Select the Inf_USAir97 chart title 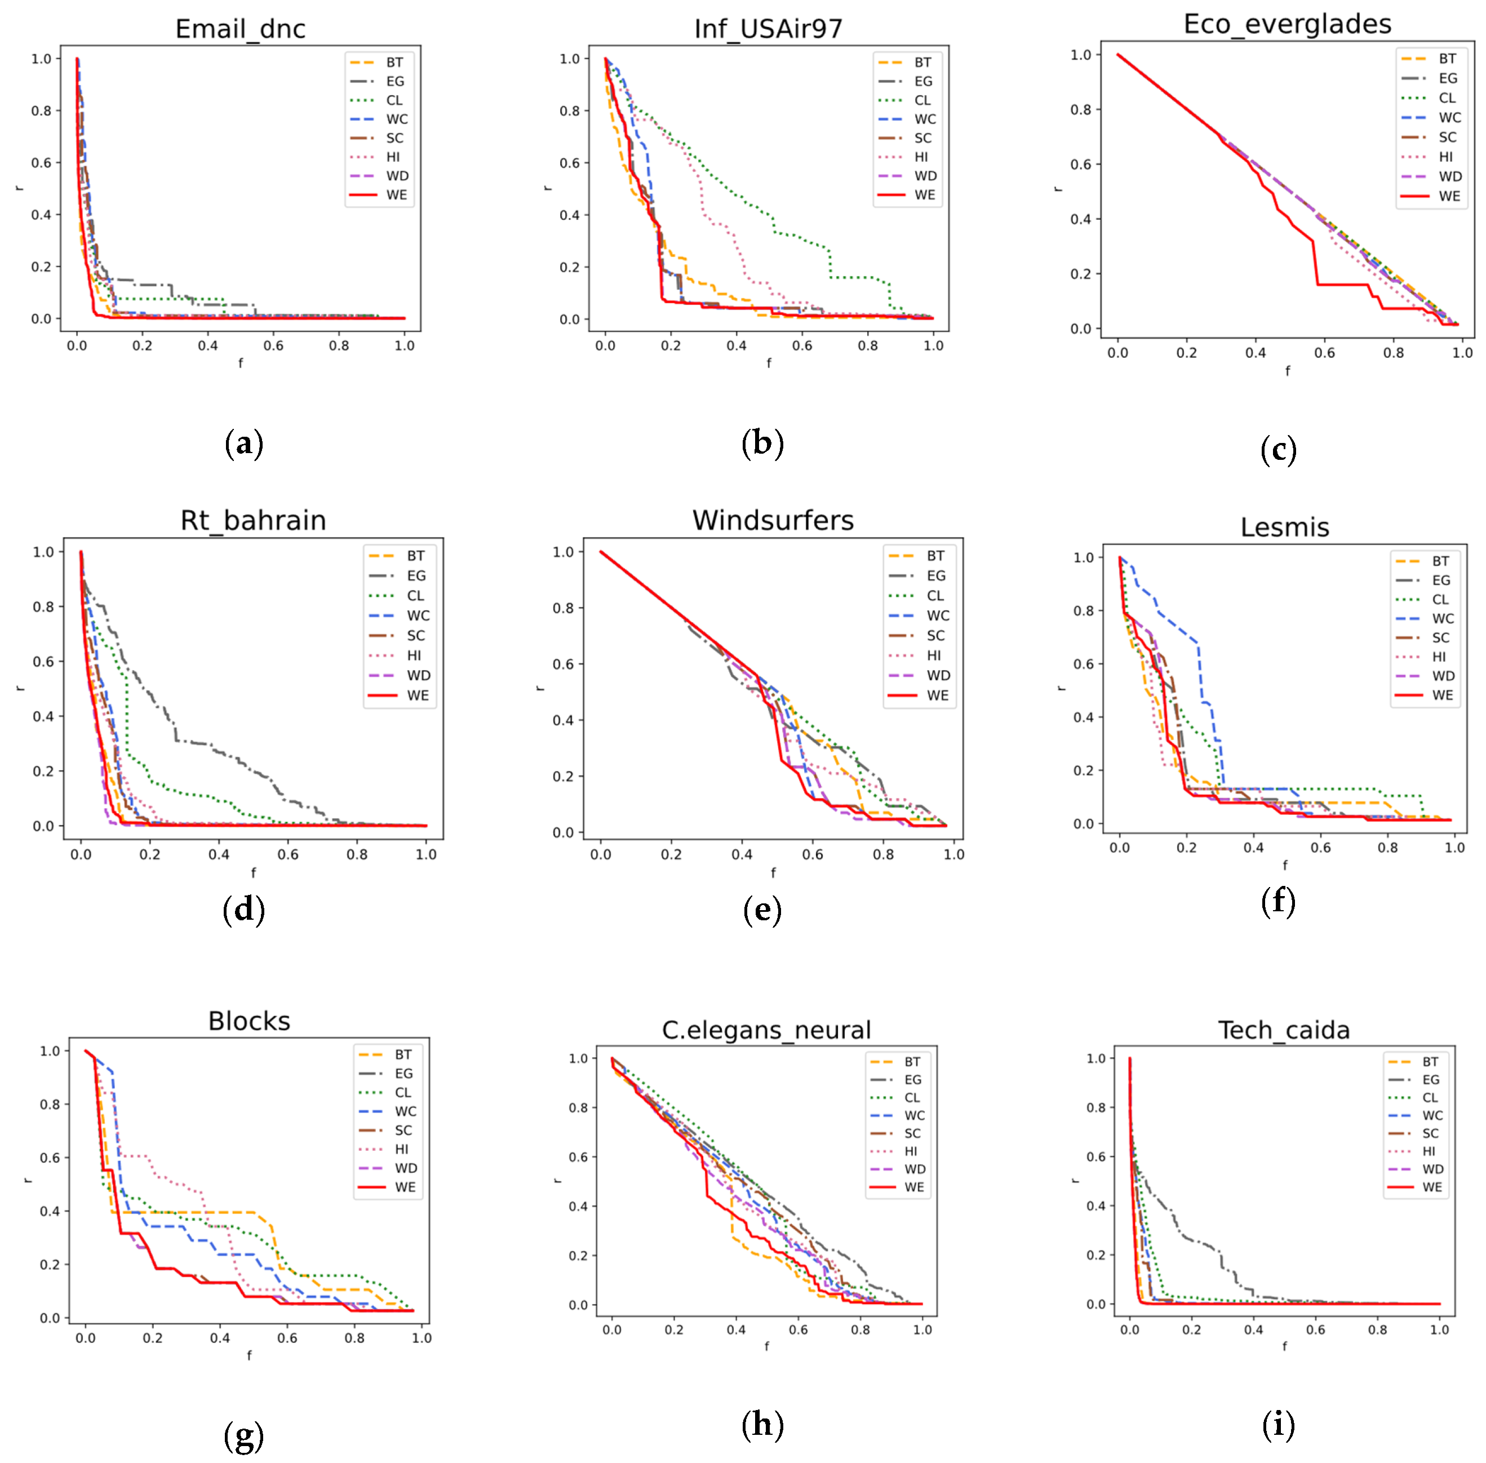pos(768,29)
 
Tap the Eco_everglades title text pos(1287,25)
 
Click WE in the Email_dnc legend pos(397,195)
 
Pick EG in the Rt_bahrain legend pos(416,575)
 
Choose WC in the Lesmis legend pos(1442,619)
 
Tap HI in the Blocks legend pos(402,1149)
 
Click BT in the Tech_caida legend pos(1430,1061)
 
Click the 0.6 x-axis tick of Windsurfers pos(812,854)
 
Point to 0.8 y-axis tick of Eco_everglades pos(1080,110)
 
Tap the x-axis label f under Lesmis pos(1285,865)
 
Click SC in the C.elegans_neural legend pos(912,1133)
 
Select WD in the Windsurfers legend pos(938,675)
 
